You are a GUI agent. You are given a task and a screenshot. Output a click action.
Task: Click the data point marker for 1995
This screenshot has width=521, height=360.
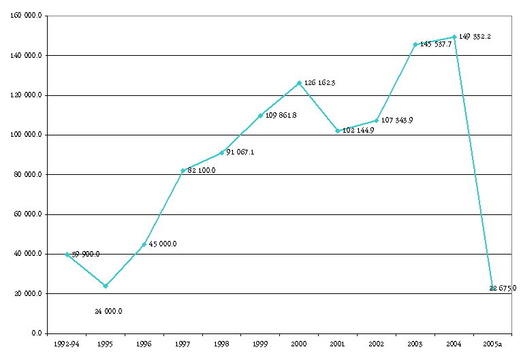[x=105, y=286]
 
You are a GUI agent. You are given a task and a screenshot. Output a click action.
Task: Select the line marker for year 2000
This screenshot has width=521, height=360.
[x=299, y=83]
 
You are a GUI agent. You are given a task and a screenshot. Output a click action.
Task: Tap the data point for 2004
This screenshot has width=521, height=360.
[x=454, y=37]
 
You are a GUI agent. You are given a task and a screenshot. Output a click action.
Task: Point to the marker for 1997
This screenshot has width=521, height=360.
[x=183, y=170]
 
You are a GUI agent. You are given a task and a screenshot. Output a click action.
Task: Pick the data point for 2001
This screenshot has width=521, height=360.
[x=338, y=131]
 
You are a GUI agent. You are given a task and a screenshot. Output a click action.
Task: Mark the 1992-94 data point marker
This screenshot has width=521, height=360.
[x=67, y=254]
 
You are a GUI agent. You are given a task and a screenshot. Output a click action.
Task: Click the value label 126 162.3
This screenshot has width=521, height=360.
[x=319, y=83]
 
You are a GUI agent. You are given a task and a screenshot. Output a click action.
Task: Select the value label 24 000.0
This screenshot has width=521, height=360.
[x=108, y=311]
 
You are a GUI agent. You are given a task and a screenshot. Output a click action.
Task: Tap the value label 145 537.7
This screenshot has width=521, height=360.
[x=436, y=44]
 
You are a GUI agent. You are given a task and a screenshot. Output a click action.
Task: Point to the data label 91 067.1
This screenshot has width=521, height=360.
[x=240, y=152]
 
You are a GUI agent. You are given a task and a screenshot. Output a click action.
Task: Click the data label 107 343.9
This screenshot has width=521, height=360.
[x=397, y=120]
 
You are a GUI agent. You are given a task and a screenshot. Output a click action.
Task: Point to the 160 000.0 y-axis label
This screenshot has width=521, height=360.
[x=27, y=16]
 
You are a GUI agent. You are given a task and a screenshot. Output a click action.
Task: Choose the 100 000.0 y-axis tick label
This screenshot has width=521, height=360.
[x=27, y=135]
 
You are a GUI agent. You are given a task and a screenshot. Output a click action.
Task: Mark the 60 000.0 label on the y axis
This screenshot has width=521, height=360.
[x=29, y=214]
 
